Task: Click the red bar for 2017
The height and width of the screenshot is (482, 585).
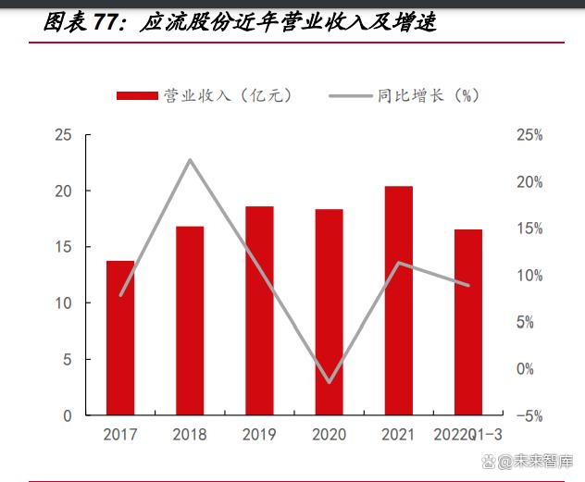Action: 120,338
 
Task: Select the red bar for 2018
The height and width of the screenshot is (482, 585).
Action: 190,320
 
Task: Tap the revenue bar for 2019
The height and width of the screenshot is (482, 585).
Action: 259,310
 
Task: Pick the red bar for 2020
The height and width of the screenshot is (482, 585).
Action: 329,312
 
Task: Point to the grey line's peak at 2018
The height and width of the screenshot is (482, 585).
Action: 190,160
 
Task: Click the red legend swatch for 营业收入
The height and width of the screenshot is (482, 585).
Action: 137,95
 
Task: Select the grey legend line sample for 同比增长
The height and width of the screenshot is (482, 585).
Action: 349,95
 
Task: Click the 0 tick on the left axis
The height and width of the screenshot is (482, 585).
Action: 68,415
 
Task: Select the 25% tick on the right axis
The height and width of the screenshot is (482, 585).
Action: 529,136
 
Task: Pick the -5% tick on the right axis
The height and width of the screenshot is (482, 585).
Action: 529,416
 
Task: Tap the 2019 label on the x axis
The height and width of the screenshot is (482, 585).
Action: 259,434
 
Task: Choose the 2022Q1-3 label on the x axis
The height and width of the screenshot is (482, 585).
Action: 469,434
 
